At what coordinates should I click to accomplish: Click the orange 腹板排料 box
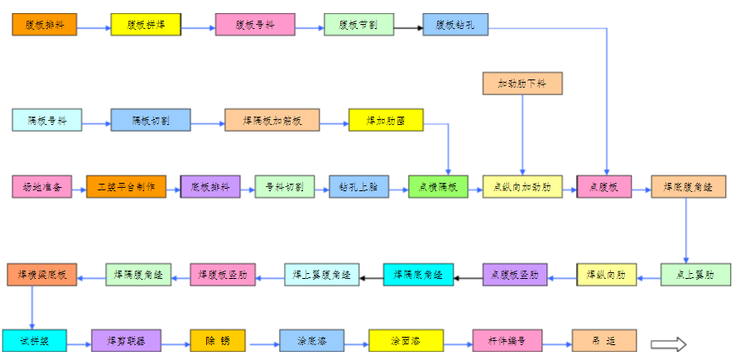tap(46, 25)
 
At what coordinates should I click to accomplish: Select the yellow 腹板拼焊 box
tap(146, 25)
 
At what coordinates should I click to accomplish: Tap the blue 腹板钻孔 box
tap(454, 25)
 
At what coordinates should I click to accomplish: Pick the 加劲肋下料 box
tap(522, 84)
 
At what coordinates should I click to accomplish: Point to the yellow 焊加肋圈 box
tap(386, 121)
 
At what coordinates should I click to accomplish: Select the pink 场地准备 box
tap(42, 187)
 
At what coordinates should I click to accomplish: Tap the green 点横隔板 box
tap(438, 187)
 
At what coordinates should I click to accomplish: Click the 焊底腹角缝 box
tap(688, 187)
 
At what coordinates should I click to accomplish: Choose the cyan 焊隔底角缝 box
tap(418, 274)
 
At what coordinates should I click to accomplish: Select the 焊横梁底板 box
tap(42, 274)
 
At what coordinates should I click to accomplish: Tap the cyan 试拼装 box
tap(34, 340)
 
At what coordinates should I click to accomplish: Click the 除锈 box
tap(217, 340)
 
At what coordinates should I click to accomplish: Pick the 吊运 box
tap(603, 340)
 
